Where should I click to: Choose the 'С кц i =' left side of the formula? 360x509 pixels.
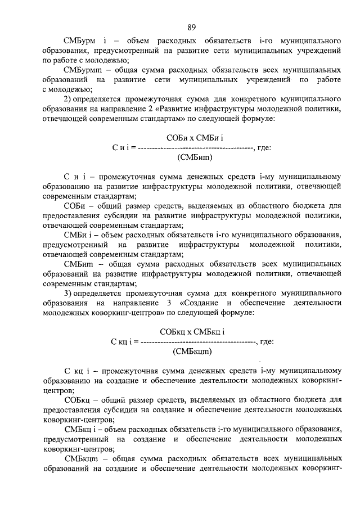coord(125,342)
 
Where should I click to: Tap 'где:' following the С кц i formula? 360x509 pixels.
coord(265,342)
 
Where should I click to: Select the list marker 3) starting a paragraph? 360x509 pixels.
coord(67,294)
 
